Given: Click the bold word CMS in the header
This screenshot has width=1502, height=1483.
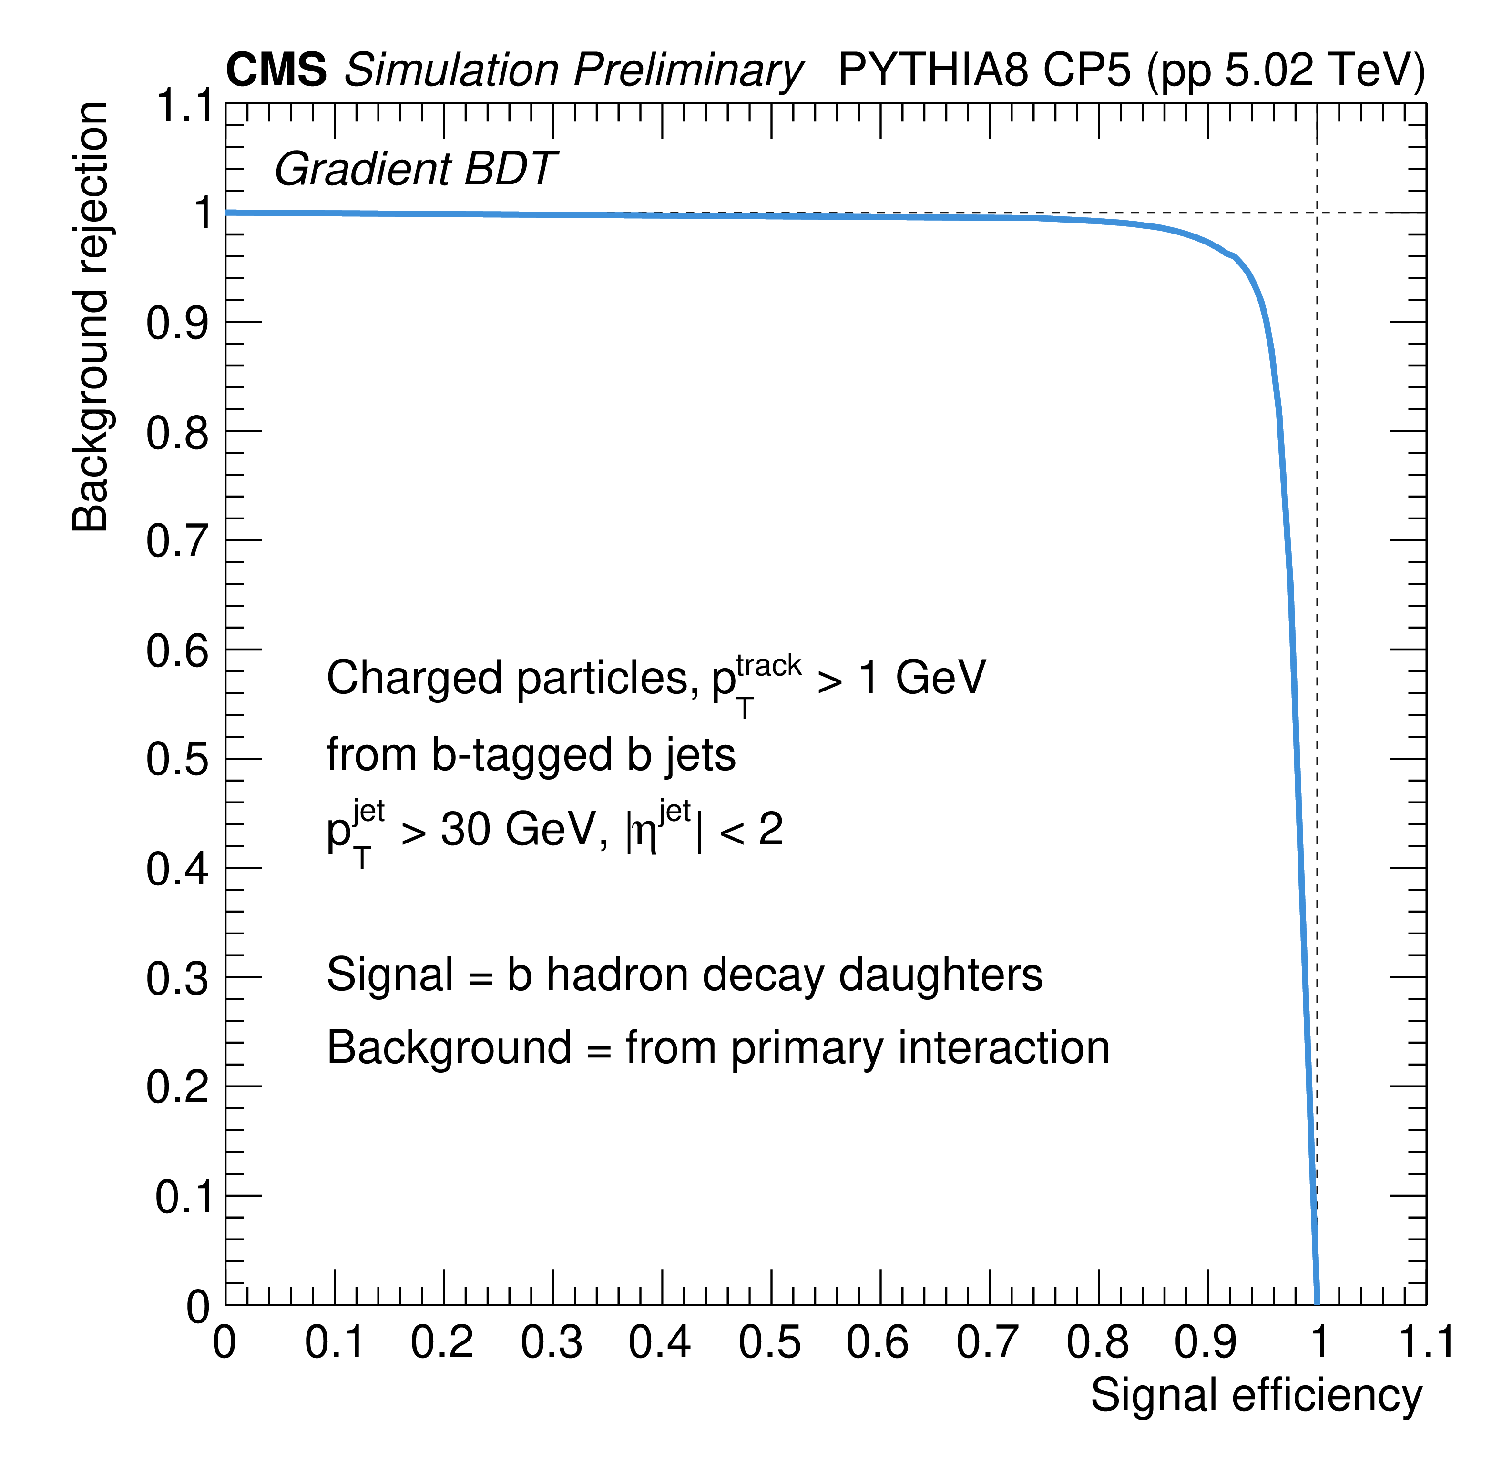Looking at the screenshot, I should (x=276, y=71).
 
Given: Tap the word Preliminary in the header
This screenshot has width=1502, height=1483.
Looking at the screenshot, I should (x=687, y=71).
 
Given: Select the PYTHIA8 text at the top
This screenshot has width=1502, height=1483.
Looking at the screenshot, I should (x=933, y=71).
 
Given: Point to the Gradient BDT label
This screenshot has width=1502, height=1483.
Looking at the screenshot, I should (x=414, y=170).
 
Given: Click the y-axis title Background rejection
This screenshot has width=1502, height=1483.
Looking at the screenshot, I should (x=90, y=316).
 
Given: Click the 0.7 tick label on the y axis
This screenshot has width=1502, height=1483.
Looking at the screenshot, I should (x=177, y=542).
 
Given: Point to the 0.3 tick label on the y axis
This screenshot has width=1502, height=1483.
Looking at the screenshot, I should (x=177, y=978).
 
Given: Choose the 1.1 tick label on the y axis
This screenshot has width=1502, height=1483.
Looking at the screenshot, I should (x=184, y=106).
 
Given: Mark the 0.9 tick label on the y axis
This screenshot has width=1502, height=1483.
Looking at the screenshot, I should (x=177, y=324).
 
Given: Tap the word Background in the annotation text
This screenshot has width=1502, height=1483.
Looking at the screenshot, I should (x=450, y=1048).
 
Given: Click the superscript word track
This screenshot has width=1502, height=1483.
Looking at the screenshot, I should (x=768, y=666).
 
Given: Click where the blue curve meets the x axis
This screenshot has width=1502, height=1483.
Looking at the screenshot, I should (x=1317, y=1303).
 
